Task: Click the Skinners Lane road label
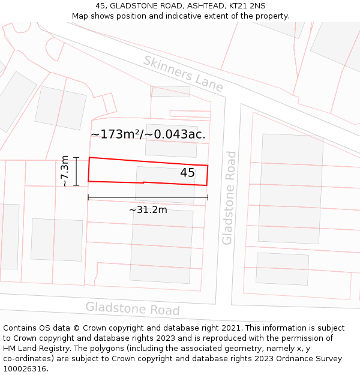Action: [184, 74]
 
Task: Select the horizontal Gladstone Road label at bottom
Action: [132, 308]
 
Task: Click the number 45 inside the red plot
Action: [187, 173]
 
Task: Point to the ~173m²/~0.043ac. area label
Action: [148, 134]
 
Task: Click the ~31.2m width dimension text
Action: [148, 209]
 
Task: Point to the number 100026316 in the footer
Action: [24, 369]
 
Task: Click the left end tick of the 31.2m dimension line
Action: [88, 197]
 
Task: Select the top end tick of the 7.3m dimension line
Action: [76, 157]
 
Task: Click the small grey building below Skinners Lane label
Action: [170, 91]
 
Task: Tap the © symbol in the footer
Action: [76, 328]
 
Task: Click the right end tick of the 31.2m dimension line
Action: [208, 197]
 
